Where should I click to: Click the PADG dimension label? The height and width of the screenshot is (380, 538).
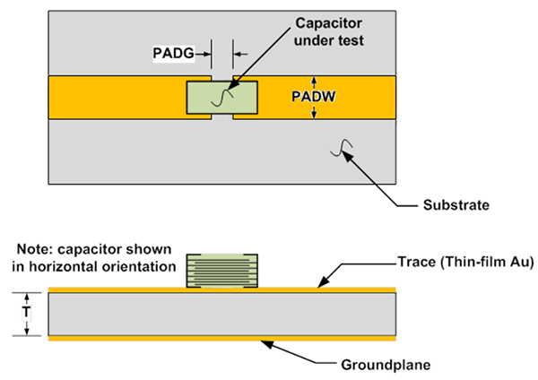(173, 53)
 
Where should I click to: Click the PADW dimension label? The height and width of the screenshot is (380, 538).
(313, 97)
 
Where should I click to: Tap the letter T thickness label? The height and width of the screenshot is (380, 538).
(26, 313)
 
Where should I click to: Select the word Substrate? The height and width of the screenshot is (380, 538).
(456, 205)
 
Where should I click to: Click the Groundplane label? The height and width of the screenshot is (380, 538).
(386, 365)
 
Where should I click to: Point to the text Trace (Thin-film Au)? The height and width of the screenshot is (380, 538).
(465, 262)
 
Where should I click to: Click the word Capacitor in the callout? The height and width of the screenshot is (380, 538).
(329, 23)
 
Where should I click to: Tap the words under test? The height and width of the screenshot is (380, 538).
(329, 40)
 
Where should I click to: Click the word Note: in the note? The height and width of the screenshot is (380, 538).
(34, 249)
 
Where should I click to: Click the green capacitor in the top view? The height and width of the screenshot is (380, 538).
(222, 98)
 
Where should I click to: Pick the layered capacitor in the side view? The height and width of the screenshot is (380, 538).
(222, 271)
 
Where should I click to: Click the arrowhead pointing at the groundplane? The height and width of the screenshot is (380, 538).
(266, 344)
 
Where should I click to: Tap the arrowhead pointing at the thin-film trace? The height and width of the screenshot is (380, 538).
(324, 281)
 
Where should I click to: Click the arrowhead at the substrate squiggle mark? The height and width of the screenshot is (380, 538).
(347, 157)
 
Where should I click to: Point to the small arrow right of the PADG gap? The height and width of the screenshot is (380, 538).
(241, 54)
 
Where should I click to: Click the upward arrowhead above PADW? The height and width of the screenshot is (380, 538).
(314, 81)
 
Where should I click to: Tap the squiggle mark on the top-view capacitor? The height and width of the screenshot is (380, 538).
(222, 98)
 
